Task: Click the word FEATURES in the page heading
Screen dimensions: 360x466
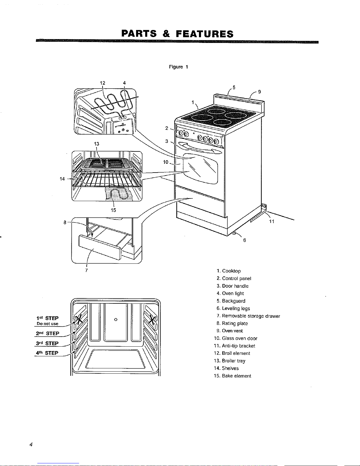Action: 205,34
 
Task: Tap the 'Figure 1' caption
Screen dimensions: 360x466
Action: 178,67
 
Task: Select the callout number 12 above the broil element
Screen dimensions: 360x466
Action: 103,83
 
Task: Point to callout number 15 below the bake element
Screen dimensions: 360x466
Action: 113,210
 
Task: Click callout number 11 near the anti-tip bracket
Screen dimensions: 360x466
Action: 272,221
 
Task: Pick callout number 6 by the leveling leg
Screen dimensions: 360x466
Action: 245,240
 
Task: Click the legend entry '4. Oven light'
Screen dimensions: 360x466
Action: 230,293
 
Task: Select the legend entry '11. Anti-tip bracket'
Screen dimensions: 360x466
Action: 235,346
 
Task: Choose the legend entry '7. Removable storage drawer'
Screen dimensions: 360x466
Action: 248,316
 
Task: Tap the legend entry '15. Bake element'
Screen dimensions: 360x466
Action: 232,376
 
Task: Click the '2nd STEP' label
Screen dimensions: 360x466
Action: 48,333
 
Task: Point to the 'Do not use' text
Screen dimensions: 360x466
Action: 47,324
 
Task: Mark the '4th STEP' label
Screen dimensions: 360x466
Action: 47,353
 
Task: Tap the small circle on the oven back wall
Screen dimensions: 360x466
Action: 116,320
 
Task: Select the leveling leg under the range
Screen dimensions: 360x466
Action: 234,233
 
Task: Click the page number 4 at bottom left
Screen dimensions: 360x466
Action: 31,444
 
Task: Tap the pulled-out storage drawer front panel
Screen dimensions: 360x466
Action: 100,247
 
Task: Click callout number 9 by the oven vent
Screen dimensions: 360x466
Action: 259,92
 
